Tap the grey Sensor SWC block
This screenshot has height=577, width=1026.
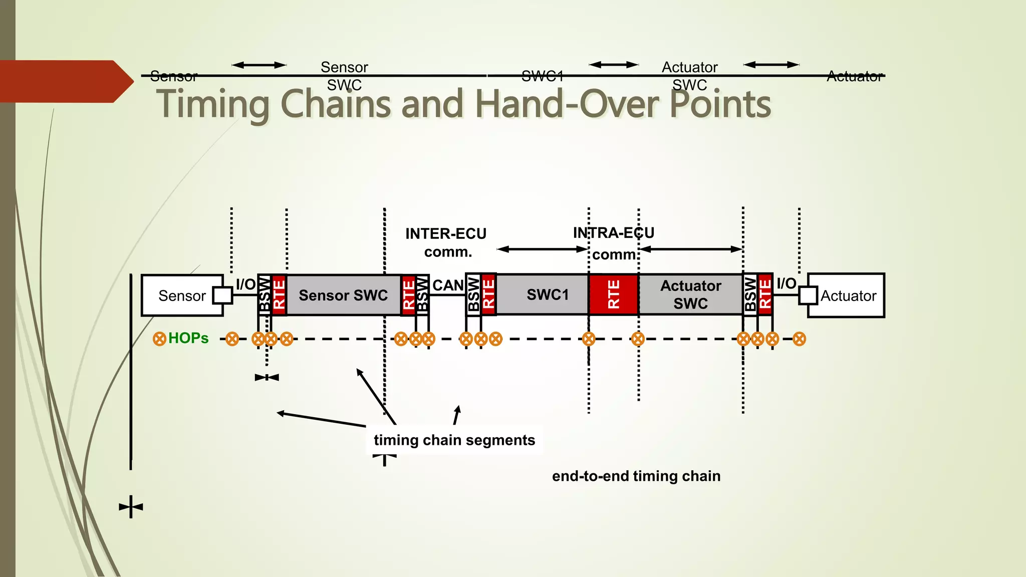click(343, 296)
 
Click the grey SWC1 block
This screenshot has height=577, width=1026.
click(547, 295)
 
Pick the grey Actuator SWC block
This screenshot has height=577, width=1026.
click(690, 295)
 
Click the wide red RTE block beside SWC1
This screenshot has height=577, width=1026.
click(613, 295)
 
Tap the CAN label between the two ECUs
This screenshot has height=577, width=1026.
click(447, 285)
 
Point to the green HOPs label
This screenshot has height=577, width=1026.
click(188, 338)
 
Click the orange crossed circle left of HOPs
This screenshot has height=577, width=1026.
click(159, 339)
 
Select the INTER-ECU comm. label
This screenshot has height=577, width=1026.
click(446, 242)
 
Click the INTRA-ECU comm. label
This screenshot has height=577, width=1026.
click(614, 243)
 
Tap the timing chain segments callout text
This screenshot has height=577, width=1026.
click(454, 440)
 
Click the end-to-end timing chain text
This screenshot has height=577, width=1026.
click(636, 476)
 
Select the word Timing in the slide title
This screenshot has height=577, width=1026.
click(213, 104)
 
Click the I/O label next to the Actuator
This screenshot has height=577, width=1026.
click(786, 283)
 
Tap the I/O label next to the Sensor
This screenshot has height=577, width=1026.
click(245, 284)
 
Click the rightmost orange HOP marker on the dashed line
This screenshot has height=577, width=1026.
click(799, 339)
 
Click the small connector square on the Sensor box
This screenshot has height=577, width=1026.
click(222, 295)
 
